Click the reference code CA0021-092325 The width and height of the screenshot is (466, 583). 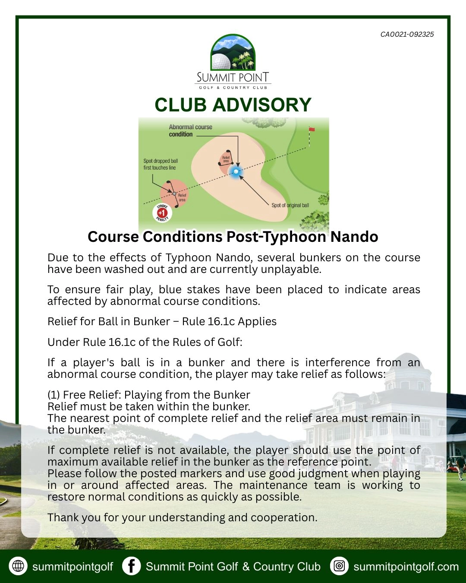click(407, 35)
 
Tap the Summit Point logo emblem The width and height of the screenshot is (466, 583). click(233, 53)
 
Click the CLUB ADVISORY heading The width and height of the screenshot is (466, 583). click(233, 105)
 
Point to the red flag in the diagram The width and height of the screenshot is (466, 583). click(312, 129)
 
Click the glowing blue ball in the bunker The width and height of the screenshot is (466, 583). click(236, 172)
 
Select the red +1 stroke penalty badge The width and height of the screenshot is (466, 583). click(162, 212)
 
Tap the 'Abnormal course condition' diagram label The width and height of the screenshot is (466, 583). click(190, 130)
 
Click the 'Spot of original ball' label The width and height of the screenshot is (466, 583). click(290, 206)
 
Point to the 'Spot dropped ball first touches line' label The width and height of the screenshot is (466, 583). click(160, 164)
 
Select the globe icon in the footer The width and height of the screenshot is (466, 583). click(18, 566)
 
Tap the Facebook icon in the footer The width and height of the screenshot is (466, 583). click(131, 566)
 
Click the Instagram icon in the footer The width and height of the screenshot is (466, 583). click(339, 566)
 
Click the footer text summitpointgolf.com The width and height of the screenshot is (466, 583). click(406, 567)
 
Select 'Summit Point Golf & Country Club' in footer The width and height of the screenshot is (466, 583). click(233, 567)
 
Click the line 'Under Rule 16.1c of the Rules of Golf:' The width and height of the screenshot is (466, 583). click(145, 342)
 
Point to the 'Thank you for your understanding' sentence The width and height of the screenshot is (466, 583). click(182, 517)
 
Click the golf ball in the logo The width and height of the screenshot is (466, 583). click(220, 61)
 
